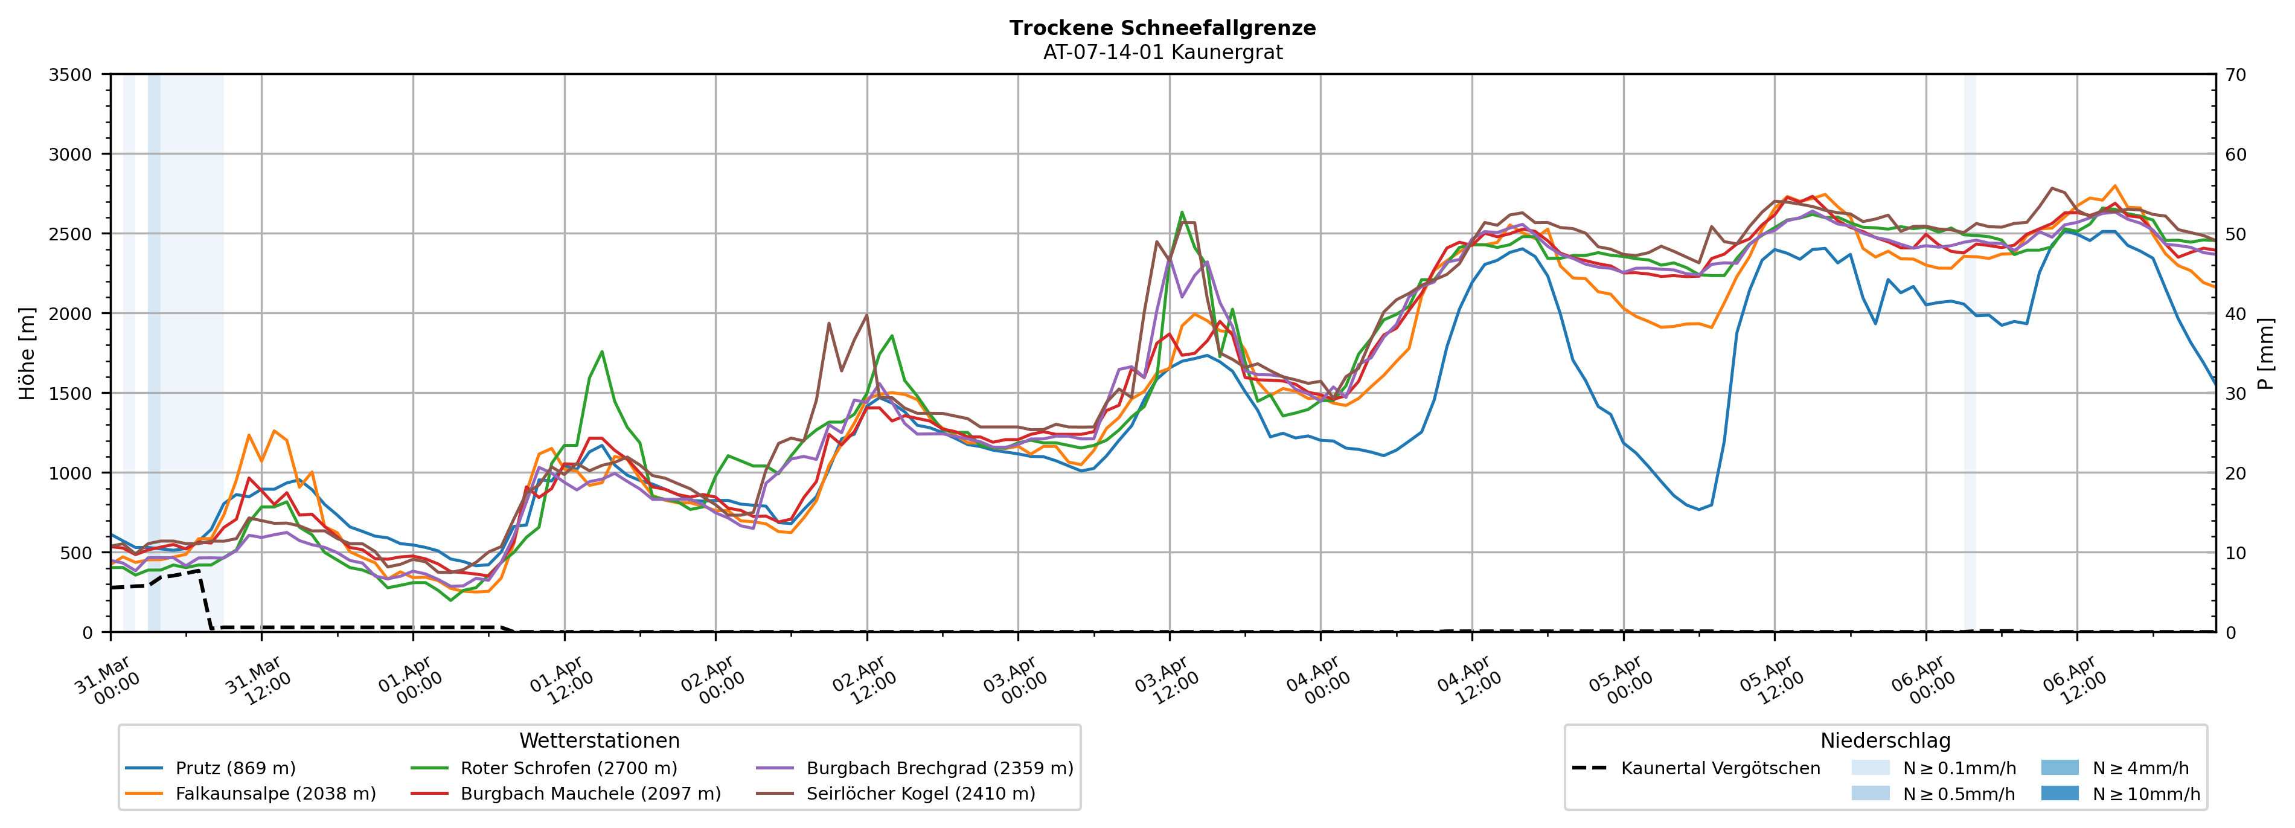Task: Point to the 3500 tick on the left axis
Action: (71, 75)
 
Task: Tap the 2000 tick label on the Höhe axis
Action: (71, 313)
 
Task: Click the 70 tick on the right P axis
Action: (2235, 75)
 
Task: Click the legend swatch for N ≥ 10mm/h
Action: (2060, 793)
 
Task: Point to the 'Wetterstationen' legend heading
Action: (599, 740)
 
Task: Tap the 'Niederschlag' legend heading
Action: (1884, 740)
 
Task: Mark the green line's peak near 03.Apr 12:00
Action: (1182, 212)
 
